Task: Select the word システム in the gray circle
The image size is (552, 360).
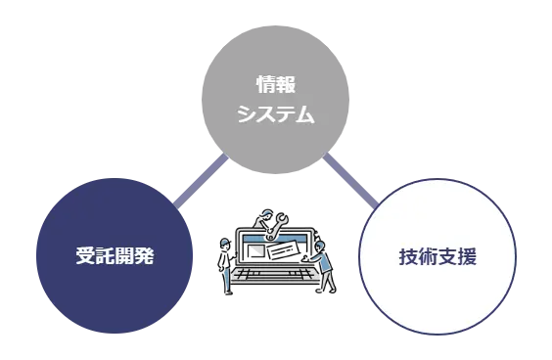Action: [275, 113]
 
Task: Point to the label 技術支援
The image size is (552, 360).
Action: [437, 257]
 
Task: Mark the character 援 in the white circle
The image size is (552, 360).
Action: [467, 257]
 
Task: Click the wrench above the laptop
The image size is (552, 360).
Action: [280, 225]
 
